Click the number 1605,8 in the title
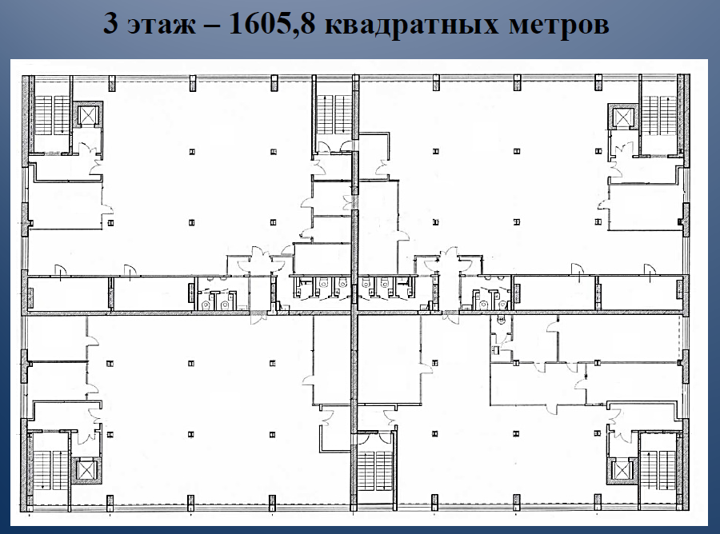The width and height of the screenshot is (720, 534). tap(272, 24)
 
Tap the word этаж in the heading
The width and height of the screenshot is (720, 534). tap(162, 26)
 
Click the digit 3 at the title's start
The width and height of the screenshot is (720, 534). tap(110, 23)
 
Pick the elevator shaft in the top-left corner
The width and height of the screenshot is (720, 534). tap(88, 115)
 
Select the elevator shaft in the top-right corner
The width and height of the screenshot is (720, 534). tap(623, 118)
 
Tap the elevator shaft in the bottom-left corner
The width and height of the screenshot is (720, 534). tap(86, 470)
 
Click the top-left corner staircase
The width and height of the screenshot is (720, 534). tap(51, 115)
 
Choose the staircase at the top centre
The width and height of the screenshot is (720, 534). tap(334, 114)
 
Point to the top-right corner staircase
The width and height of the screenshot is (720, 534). tap(659, 116)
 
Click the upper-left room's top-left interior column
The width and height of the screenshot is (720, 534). tap(192, 152)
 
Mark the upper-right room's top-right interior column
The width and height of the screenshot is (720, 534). tap(598, 151)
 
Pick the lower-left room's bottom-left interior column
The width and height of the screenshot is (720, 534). tap(110, 434)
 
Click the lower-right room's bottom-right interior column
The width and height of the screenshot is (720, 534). tap(597, 433)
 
